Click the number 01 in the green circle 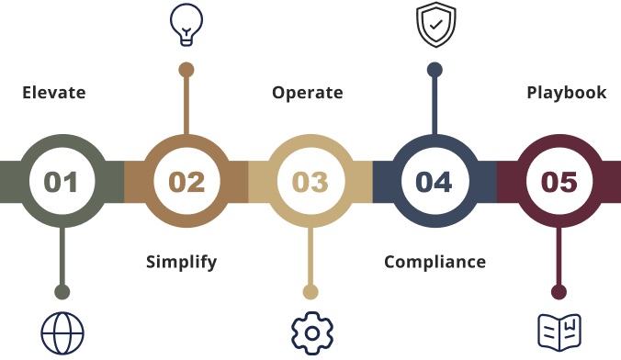tap(62, 181)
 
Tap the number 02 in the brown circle tap(186, 181)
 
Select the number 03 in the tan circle tap(310, 181)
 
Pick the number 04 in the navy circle tap(435, 181)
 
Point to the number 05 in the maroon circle tap(559, 181)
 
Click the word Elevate tap(54, 93)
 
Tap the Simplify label tap(181, 262)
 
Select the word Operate tap(307, 93)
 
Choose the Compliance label tap(435, 262)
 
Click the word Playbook tap(566, 93)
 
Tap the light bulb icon tap(186, 24)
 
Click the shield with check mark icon tap(435, 25)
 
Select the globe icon tap(62, 332)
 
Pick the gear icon tap(310, 332)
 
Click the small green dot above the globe tap(62, 292)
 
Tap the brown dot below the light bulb tap(186, 69)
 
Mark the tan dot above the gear tap(310, 292)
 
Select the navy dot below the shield tap(435, 69)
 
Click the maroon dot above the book tap(559, 292)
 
